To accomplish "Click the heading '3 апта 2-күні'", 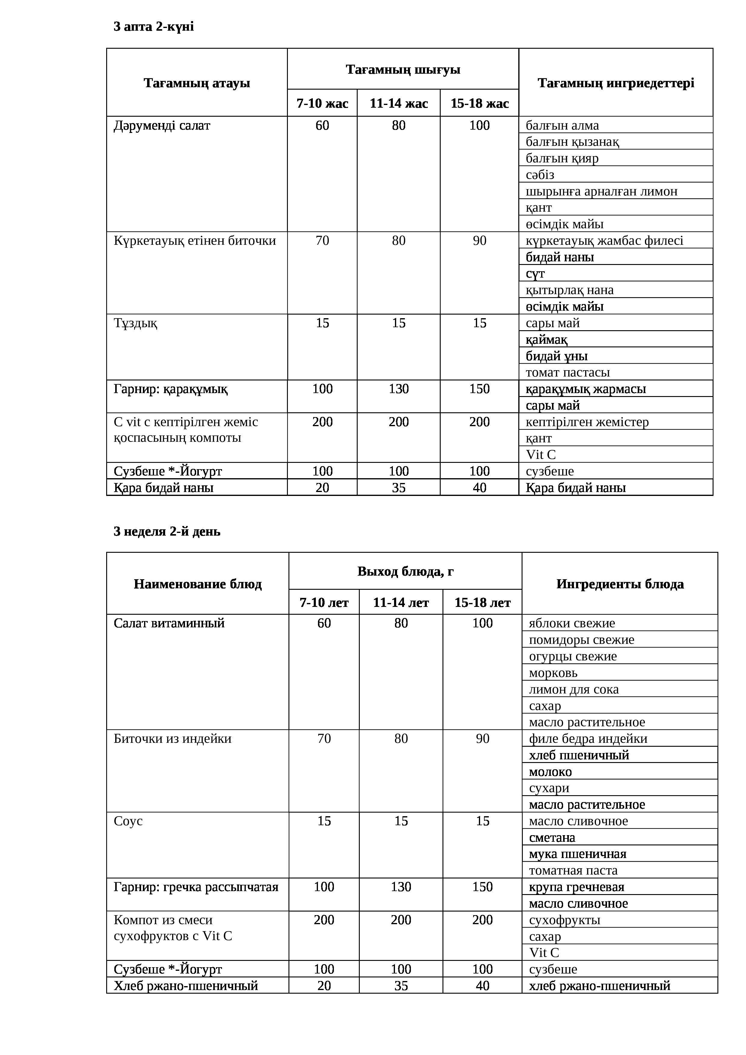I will click(x=153, y=27).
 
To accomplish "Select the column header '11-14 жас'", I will click(x=399, y=103).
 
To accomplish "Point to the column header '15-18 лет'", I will click(x=482, y=602).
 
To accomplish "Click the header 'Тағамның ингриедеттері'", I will click(x=615, y=83).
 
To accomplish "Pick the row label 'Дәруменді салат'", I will click(x=162, y=125).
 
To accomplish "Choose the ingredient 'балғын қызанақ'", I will click(x=572, y=142).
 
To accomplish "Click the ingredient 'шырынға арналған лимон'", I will click(x=601, y=191).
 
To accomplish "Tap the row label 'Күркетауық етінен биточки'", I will click(x=194, y=241).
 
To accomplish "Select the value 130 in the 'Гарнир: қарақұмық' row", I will click(x=399, y=389).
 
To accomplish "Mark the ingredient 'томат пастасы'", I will click(x=568, y=372).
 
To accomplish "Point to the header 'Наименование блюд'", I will click(x=198, y=584).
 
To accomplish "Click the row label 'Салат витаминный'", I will click(x=169, y=623).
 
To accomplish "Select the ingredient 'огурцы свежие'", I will click(x=573, y=656).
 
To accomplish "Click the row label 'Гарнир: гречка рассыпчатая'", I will click(x=196, y=887).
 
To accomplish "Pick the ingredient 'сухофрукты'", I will click(x=564, y=920).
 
